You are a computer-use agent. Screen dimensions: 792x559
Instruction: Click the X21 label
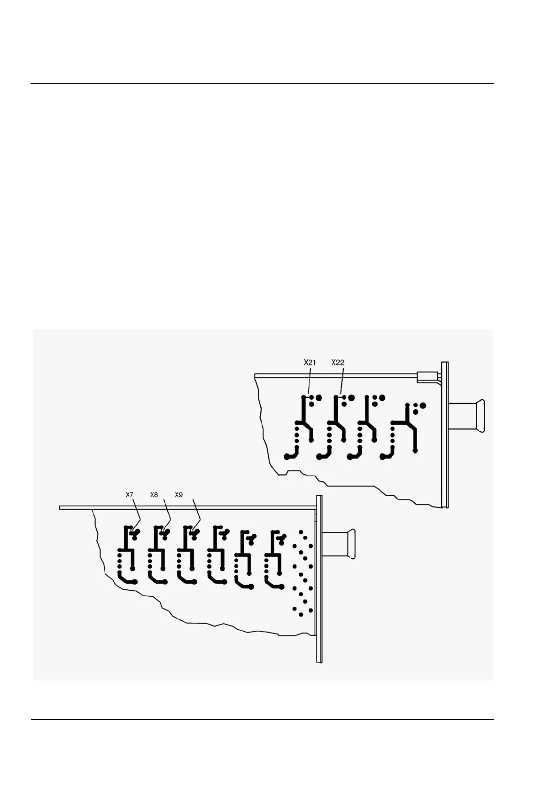[x=310, y=362]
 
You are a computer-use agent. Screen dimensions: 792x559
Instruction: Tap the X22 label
[x=338, y=362]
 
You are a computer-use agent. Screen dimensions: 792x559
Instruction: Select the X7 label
[x=130, y=495]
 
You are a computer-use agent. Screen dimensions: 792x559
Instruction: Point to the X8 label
[x=154, y=495]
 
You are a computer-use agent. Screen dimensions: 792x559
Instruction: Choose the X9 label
[x=179, y=495]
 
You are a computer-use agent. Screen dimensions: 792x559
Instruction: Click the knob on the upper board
[x=467, y=416]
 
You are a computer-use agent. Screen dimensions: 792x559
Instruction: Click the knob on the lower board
[x=339, y=544]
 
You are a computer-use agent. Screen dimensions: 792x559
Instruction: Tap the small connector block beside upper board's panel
[x=426, y=377]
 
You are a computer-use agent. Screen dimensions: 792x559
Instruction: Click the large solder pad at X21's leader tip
[x=318, y=398]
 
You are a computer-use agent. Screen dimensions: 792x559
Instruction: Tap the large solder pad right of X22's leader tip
[x=351, y=398]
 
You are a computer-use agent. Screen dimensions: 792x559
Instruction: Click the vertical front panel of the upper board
[x=444, y=435]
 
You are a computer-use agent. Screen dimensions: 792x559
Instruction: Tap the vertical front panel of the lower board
[x=319, y=578]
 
